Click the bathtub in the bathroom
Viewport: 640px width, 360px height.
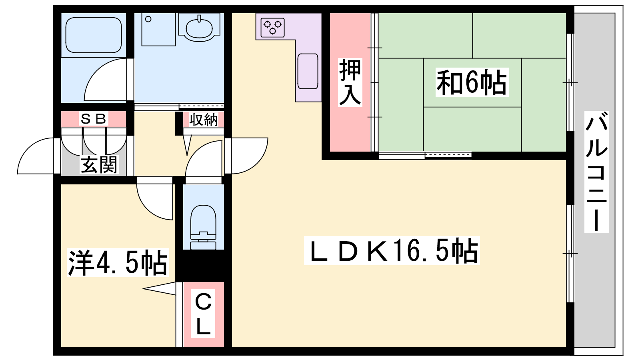coord(94,34)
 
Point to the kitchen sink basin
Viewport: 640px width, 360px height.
coord(308,71)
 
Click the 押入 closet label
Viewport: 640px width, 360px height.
coord(350,82)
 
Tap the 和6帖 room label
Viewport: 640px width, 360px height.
coord(472,82)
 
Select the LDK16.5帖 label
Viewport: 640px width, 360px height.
coord(392,251)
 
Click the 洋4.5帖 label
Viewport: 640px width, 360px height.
coord(118,263)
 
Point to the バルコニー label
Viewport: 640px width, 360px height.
coord(596,172)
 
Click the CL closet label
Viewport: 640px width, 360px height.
coord(203,314)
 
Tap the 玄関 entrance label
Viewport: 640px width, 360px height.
coord(99,165)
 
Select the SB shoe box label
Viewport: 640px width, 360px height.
coord(94,119)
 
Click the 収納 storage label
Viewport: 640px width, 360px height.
coord(203,120)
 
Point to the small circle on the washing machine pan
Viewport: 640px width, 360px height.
coord(148,19)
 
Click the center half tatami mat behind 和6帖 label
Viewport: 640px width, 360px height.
coord(472,83)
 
